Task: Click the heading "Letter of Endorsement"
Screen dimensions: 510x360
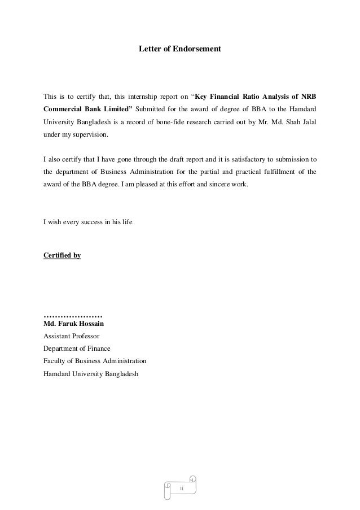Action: coord(180,50)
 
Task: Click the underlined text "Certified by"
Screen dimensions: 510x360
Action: coord(62,256)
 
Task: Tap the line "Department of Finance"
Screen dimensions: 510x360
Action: coord(77,348)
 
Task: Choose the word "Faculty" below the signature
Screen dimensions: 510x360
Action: coord(55,361)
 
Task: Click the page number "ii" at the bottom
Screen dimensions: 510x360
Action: coord(182,487)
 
